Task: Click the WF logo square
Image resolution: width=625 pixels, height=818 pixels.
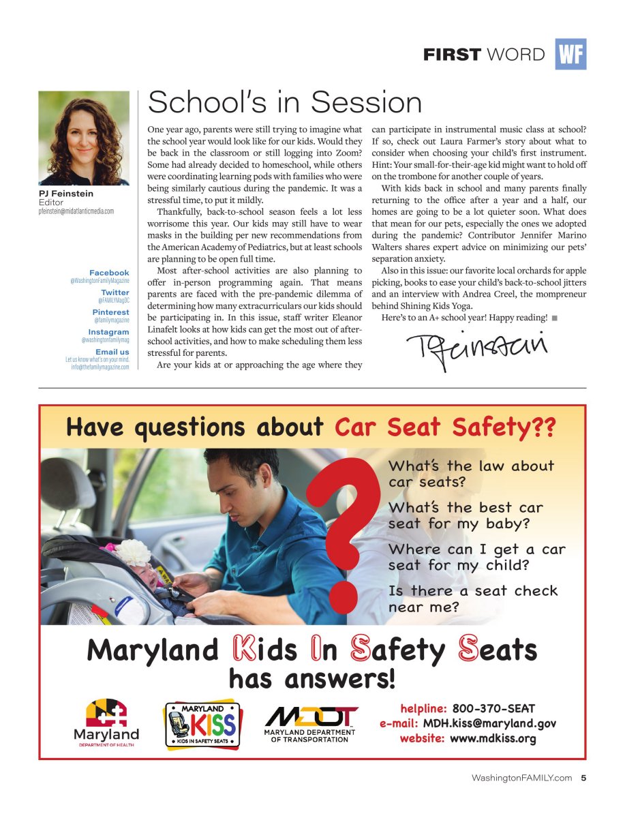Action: [570, 55]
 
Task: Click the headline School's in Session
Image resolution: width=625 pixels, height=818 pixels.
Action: [285, 102]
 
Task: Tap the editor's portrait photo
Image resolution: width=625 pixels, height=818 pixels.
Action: [84, 138]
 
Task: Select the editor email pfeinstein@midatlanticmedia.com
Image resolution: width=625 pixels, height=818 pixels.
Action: [76, 211]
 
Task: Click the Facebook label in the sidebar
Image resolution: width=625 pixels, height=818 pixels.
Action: [109, 273]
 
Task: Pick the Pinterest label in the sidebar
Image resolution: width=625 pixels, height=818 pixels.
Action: [110, 312]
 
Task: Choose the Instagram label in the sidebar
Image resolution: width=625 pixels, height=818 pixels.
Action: [108, 332]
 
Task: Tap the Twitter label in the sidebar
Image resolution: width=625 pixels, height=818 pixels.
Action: [115, 292]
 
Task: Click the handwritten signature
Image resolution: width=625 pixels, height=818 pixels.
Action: [476, 347]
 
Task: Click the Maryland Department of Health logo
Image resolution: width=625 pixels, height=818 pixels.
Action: [106, 723]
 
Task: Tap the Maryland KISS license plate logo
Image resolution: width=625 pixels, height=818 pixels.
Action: [202, 725]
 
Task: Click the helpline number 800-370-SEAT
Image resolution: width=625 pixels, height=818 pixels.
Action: [493, 709]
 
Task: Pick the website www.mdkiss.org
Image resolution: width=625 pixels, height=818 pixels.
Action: [493, 738]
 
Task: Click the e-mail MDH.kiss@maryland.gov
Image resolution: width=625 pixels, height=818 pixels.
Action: [489, 723]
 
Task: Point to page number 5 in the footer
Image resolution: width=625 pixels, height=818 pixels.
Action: [583, 778]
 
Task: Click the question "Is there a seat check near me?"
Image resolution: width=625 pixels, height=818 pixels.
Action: [473, 598]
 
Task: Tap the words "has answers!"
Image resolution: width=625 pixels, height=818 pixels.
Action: [311, 680]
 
